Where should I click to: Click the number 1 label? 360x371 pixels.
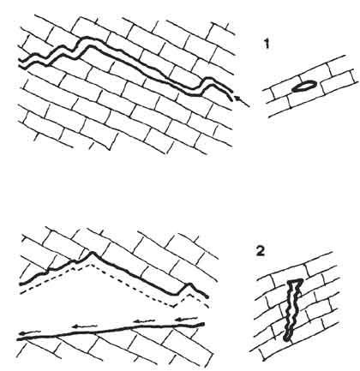pyautogui.click(x=267, y=45)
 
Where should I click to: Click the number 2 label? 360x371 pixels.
pyautogui.click(x=261, y=251)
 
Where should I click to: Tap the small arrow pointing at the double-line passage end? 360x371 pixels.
pyautogui.click(x=242, y=101)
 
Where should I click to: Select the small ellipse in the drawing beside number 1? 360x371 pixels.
pyautogui.click(x=304, y=87)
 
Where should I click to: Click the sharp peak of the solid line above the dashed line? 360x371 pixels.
pyautogui.click(x=92, y=252)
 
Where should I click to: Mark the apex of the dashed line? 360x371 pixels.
pyautogui.click(x=90, y=264)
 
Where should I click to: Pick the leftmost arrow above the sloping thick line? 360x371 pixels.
pyautogui.click(x=30, y=332)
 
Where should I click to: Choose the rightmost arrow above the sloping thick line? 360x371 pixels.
pyautogui.click(x=186, y=319)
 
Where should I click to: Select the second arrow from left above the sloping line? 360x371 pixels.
pyautogui.click(x=83, y=326)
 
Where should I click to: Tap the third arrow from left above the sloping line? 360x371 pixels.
pyautogui.click(x=144, y=321)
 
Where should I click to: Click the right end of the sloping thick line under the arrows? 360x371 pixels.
pyautogui.click(x=203, y=324)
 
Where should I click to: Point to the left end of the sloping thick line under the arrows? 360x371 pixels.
pyautogui.click(x=19, y=339)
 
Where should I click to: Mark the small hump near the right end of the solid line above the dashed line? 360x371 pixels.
pyautogui.click(x=189, y=284)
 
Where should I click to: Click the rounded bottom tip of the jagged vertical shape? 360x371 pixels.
pyautogui.click(x=286, y=338)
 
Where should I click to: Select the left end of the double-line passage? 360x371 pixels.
pyautogui.click(x=20, y=63)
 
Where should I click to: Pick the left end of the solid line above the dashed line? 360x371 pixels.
pyautogui.click(x=21, y=284)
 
